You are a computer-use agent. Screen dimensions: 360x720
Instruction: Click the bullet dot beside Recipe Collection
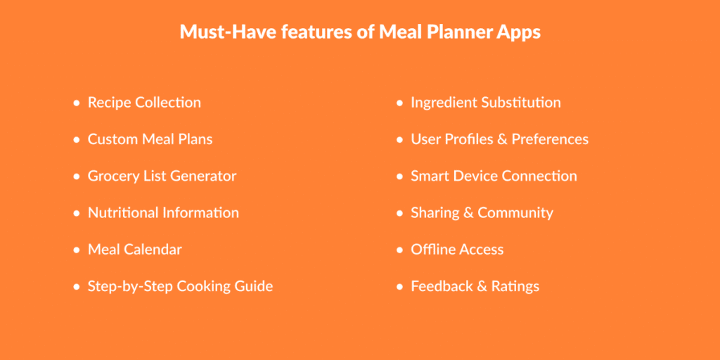click(77, 103)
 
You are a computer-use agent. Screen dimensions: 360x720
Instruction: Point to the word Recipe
click(109, 103)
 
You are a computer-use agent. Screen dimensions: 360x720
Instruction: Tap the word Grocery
click(114, 176)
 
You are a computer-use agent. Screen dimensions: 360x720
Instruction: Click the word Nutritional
click(123, 212)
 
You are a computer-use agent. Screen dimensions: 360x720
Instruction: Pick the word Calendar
click(153, 249)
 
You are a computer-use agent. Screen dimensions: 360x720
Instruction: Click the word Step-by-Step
click(130, 286)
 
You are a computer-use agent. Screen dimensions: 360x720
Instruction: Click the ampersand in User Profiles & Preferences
click(502, 139)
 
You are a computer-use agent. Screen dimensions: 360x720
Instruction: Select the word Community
click(515, 213)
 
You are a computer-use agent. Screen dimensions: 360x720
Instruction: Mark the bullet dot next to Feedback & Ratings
click(400, 287)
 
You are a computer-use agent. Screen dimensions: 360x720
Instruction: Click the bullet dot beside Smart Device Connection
click(400, 176)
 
